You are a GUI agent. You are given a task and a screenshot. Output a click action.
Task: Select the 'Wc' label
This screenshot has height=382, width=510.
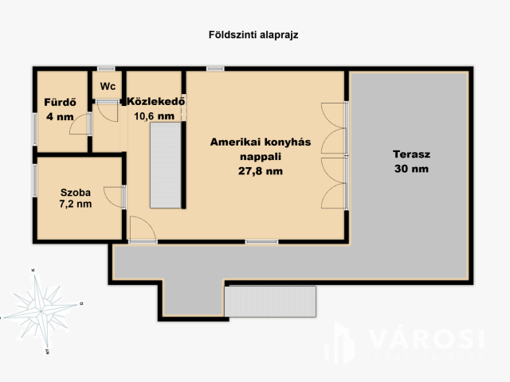pyautogui.click(x=106, y=86)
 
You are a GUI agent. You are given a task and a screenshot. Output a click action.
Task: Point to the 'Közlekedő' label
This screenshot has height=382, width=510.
pyautogui.click(x=155, y=102)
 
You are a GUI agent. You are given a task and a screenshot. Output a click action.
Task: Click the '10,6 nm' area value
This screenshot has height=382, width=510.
pyautogui.click(x=154, y=116)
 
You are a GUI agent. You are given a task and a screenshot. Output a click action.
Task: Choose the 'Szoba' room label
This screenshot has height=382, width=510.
pyautogui.click(x=76, y=192)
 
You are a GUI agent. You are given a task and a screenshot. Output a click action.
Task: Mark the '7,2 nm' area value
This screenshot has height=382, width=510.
pyautogui.click(x=76, y=205)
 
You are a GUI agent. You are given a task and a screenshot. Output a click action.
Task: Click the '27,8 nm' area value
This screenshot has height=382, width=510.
pyautogui.click(x=260, y=171)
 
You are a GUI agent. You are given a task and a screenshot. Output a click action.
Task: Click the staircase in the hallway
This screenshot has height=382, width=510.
pyautogui.click(x=167, y=167)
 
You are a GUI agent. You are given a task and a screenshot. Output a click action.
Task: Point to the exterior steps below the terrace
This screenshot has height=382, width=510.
pyautogui.click(x=272, y=302)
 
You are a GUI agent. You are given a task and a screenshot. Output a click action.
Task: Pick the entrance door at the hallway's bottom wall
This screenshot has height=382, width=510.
pyautogui.click(x=143, y=231)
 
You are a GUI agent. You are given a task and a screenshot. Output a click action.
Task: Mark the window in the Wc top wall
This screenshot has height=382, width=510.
pyautogui.click(x=106, y=69)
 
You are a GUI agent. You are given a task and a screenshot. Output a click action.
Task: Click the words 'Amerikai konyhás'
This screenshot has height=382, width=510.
pyautogui.click(x=260, y=142)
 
